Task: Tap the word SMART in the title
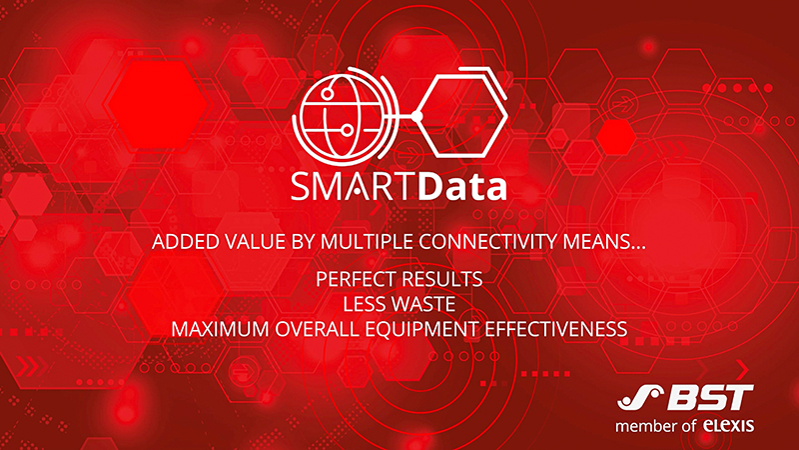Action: tap(353, 187)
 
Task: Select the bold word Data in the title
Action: tap(462, 186)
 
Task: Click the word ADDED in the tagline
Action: tap(182, 242)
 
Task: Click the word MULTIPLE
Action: tap(367, 242)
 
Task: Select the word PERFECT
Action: tap(354, 279)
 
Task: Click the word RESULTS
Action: tap(439, 279)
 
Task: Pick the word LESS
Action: tap(364, 304)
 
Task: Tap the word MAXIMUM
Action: tap(221, 329)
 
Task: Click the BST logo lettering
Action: tap(710, 397)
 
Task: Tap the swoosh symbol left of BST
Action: tap(639, 397)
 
